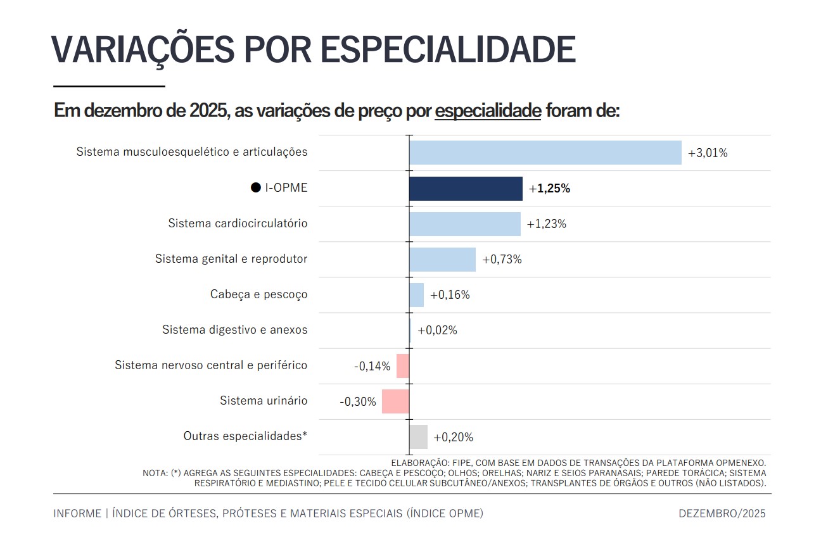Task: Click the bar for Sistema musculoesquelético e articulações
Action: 545,153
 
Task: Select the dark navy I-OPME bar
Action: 466,189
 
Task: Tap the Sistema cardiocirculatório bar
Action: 464,224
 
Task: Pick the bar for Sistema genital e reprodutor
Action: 442,260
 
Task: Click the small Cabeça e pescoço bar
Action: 416,295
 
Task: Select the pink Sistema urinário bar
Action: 395,401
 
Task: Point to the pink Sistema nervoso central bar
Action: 402,366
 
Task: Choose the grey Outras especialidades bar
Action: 418,437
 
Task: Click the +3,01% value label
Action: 708,153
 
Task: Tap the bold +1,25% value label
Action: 549,189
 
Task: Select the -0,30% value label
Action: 358,402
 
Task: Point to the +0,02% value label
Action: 437,331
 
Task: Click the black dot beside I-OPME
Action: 256,188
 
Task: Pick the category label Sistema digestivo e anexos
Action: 234,330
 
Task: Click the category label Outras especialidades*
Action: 245,436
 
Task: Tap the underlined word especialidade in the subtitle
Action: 488,111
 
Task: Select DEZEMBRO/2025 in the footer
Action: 722,514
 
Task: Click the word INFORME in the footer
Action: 77,514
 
